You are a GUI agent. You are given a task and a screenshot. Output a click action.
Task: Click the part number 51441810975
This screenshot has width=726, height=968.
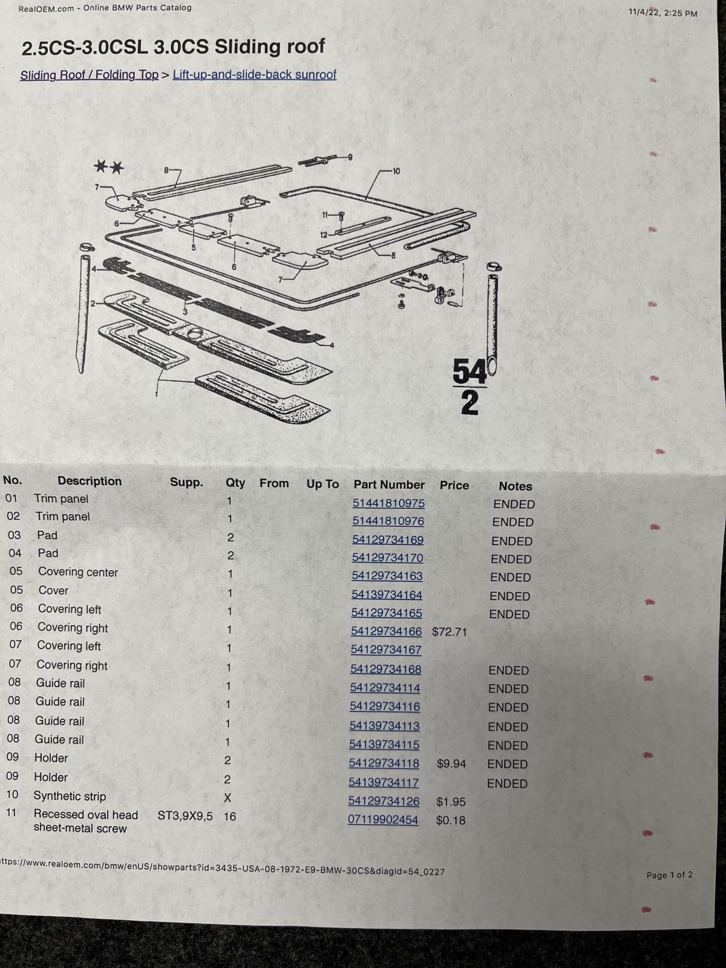pos(388,503)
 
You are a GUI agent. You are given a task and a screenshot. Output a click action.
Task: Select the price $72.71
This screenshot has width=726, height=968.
pos(449,632)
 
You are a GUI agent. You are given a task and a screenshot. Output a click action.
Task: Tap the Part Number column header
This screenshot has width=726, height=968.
pos(389,485)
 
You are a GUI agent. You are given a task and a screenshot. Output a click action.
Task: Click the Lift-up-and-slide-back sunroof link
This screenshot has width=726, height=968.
pos(254,74)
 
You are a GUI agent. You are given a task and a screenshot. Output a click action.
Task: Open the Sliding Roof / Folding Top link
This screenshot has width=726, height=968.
pos(90,75)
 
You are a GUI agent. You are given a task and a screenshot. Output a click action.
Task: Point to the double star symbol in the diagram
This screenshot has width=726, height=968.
pos(109,167)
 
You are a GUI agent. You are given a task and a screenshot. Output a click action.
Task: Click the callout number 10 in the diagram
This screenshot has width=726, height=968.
pos(396,171)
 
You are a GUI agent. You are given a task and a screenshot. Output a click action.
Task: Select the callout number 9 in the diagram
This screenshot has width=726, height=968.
pos(350,157)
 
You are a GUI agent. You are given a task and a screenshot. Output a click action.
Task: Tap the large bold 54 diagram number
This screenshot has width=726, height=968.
pos(469,371)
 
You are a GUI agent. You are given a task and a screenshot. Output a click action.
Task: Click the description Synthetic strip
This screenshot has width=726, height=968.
pos(70,796)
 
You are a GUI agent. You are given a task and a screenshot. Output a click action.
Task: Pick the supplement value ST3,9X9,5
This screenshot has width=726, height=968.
pos(185,816)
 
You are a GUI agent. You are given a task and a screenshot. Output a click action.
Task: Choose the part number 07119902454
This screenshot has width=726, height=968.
pos(383,820)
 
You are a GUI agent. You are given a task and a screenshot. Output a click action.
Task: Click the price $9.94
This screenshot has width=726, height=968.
pos(451,764)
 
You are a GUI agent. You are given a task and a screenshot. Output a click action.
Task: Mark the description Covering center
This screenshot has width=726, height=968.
pos(78,572)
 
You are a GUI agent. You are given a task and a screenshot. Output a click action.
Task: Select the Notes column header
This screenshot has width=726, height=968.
pos(515,486)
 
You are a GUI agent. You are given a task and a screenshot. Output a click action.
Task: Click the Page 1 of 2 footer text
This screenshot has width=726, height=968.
pos(670,875)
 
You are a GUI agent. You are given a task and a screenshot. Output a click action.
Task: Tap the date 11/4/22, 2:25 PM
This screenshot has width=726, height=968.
pos(663,13)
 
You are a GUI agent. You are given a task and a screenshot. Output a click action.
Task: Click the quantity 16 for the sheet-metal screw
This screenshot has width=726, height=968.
pos(230,816)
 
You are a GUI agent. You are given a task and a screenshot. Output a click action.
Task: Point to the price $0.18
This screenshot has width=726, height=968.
pos(451,820)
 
